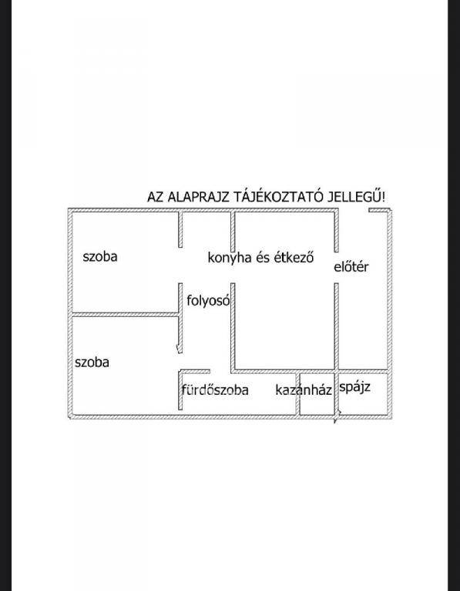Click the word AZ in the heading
156,197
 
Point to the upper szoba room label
100,257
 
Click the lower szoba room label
92,362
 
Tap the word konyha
230,258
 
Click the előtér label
351,266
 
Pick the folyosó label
208,300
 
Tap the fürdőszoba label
215,389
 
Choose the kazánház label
304,389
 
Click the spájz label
354,388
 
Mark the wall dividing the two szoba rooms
126,314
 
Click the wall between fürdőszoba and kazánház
297,394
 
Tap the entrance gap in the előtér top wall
353,210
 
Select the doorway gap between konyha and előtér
336,268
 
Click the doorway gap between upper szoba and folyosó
180,265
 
